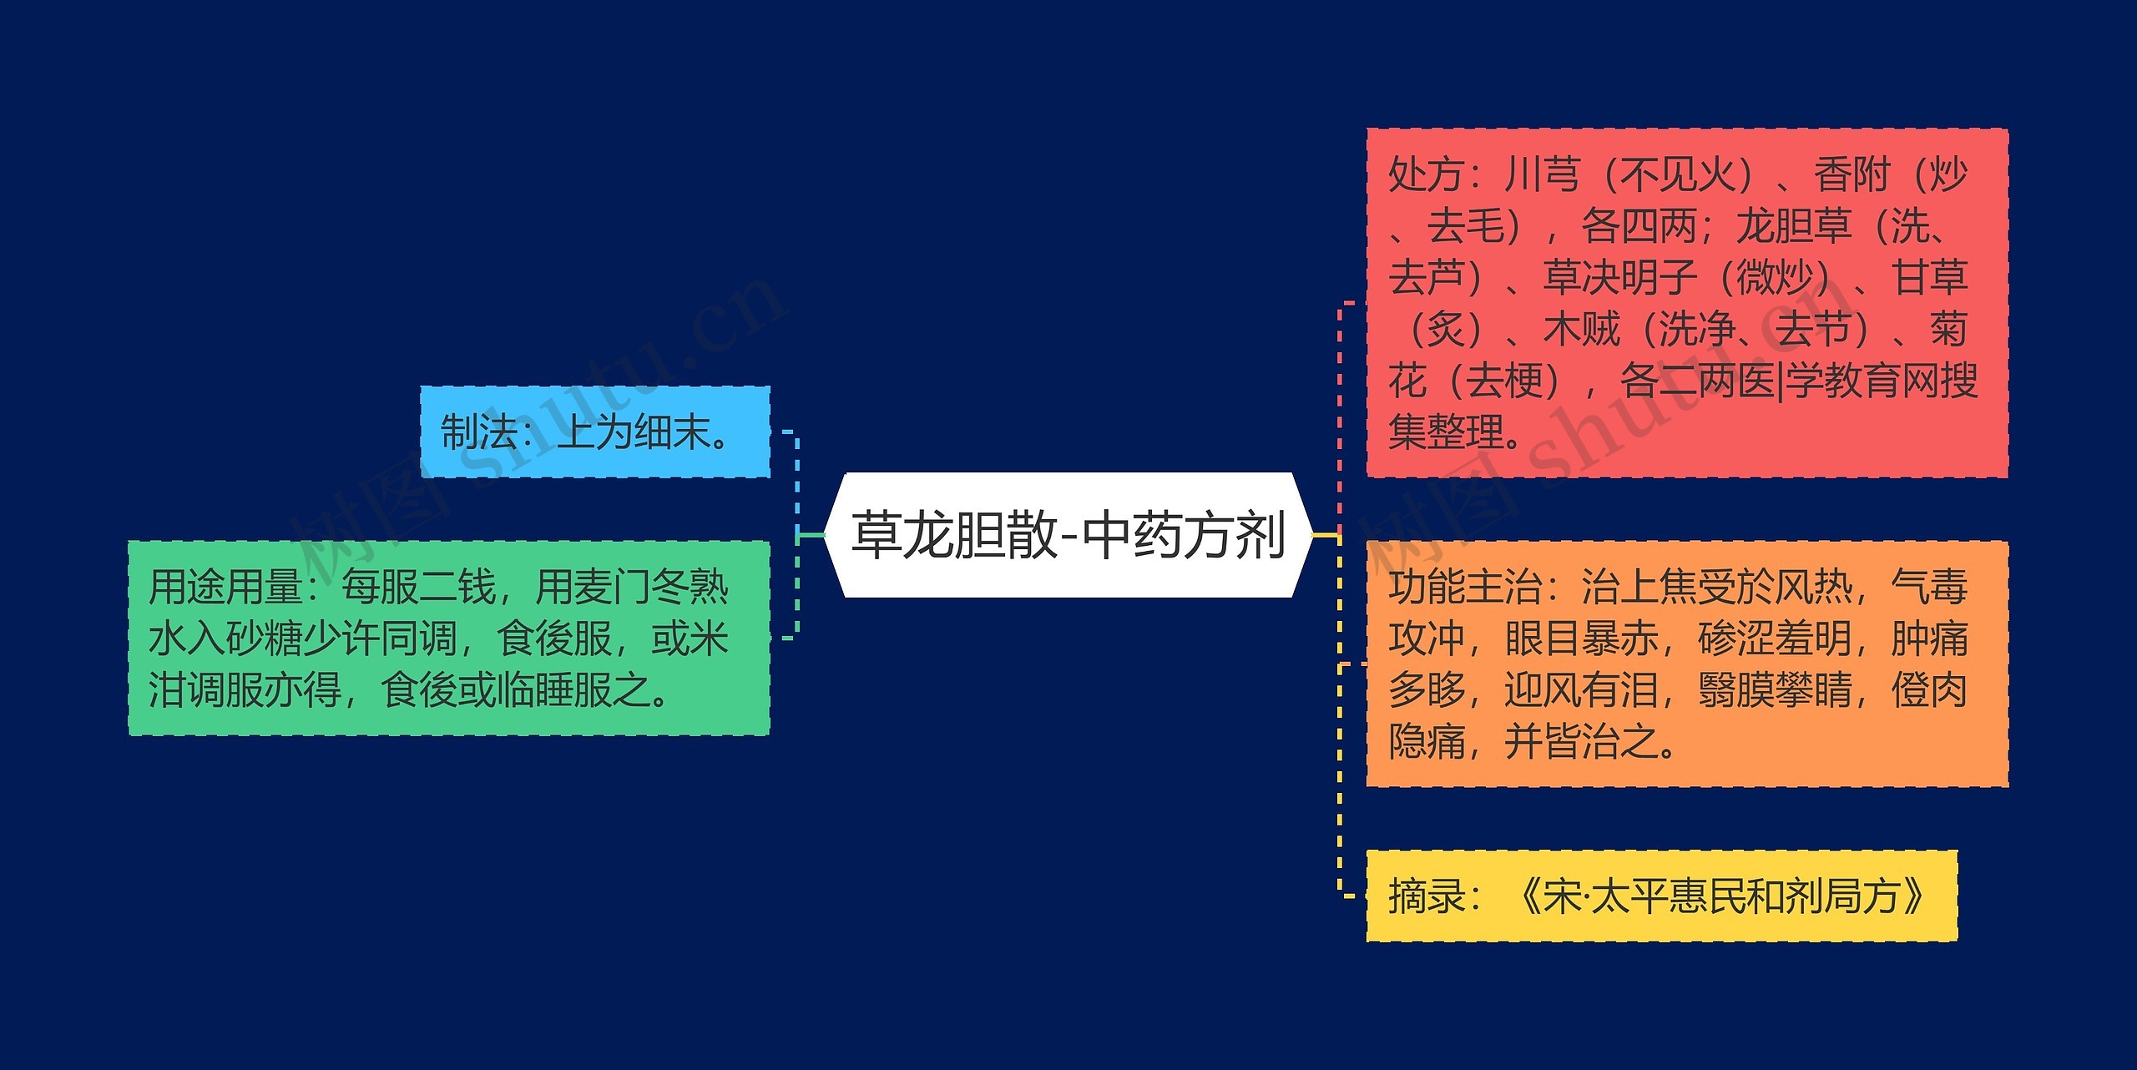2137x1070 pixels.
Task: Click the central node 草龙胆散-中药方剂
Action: coord(1068,535)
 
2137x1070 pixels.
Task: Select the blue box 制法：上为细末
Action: coord(594,432)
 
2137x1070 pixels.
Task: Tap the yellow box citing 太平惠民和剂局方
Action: coord(1661,896)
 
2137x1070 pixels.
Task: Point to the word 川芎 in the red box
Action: coord(1543,175)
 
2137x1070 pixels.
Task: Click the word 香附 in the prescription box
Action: coord(1852,175)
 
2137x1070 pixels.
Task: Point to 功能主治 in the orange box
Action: coord(1465,587)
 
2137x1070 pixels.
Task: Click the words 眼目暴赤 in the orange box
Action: coord(1582,638)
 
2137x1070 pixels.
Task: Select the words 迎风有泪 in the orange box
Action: coord(1582,690)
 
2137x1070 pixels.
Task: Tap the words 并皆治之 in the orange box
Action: coord(1582,741)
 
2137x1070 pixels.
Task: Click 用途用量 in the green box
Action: coord(225,587)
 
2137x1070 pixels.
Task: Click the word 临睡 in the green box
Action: coord(534,690)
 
